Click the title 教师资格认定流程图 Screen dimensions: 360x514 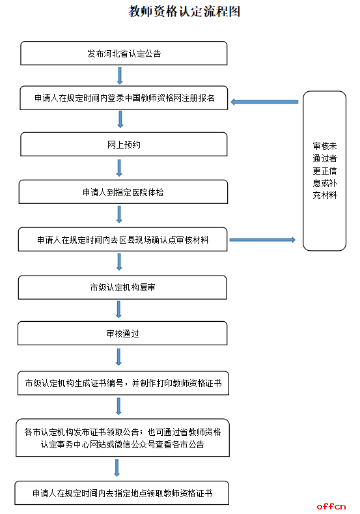(184, 12)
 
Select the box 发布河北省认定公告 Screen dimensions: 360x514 (124, 53)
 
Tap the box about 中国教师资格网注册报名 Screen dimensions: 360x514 (124, 98)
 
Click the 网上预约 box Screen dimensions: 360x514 (124, 144)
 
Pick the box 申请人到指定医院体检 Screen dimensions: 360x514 (123, 192)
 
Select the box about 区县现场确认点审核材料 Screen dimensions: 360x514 (123, 240)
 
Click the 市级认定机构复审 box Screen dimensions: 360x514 (122, 287)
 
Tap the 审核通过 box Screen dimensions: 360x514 (122, 334)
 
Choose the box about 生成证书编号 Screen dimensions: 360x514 (123, 383)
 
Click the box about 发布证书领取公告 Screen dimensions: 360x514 (123, 438)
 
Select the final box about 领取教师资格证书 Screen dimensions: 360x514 (122, 493)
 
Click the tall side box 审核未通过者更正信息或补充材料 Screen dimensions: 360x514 (324, 171)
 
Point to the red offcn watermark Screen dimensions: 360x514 (331, 506)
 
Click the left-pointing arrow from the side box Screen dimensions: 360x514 (264, 102)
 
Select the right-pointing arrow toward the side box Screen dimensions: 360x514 (262, 240)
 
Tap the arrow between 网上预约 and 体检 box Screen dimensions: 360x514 (119, 168)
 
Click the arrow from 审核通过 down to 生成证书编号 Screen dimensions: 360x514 (118, 357)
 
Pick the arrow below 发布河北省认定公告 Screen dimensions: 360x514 (120, 76)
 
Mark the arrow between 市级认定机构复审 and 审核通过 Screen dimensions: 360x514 (118, 310)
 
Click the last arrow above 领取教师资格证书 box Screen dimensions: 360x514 (117, 468)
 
